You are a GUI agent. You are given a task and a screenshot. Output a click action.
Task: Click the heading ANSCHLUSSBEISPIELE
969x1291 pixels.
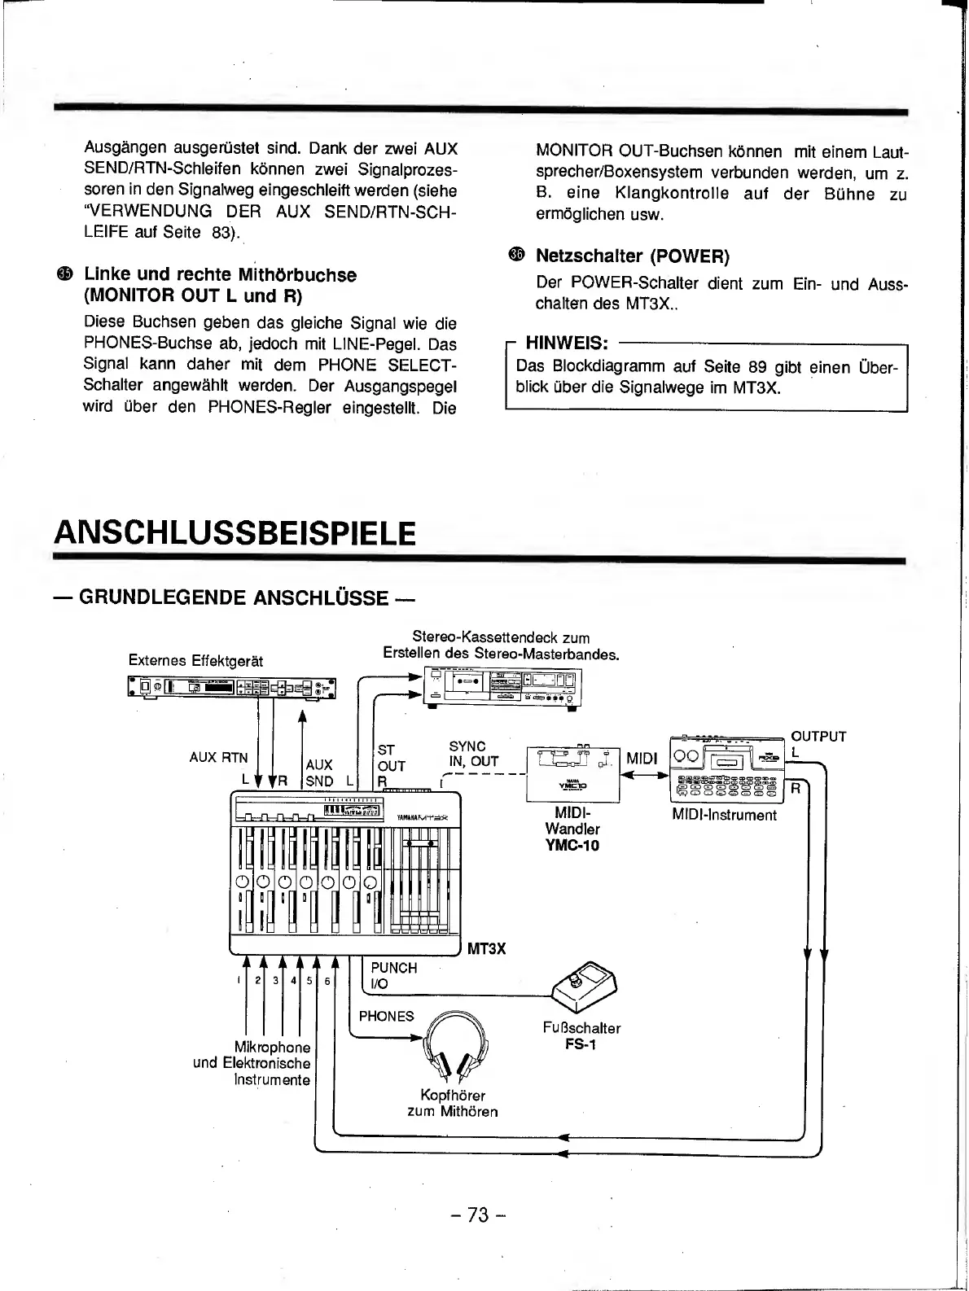[x=235, y=533]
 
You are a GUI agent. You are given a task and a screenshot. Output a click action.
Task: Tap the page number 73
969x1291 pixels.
[x=479, y=1215]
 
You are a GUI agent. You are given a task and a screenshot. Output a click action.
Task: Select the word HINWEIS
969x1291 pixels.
[x=567, y=342]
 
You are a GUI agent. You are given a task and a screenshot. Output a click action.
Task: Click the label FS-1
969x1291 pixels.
[x=581, y=1044]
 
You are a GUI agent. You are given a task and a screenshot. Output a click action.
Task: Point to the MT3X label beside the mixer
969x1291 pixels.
[x=487, y=949]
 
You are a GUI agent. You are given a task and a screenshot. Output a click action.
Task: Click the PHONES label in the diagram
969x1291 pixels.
[x=386, y=1016]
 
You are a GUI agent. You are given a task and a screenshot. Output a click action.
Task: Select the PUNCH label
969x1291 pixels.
[x=393, y=968]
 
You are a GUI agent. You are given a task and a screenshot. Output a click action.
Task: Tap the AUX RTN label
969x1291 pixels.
[x=218, y=757]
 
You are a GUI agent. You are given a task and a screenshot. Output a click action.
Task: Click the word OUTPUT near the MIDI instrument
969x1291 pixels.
[x=818, y=737]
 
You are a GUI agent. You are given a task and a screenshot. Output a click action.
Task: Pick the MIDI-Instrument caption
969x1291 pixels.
[x=724, y=815]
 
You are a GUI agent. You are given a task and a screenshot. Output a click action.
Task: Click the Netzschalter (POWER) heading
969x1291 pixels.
[x=632, y=256]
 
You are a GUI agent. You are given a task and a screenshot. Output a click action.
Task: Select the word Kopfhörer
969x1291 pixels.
[x=452, y=1096]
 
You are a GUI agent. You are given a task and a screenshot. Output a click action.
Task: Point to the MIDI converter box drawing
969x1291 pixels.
[x=572, y=773]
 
